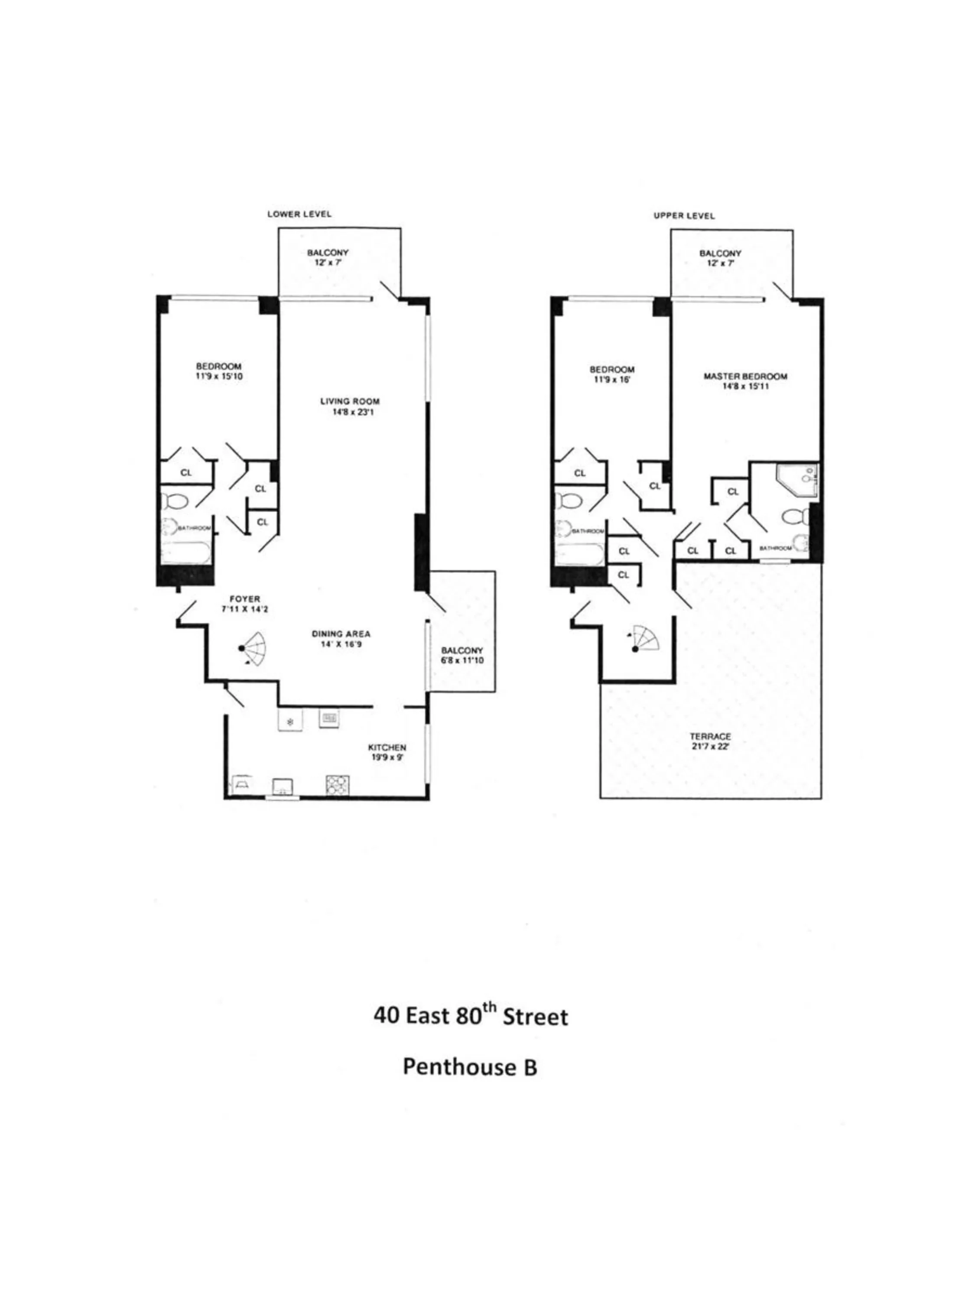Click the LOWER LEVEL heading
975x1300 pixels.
[x=299, y=214]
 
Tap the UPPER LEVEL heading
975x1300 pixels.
[x=684, y=216]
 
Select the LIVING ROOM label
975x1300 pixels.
[x=350, y=401]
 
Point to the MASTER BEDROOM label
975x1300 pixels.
[x=745, y=376]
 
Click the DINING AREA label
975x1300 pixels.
[x=341, y=634]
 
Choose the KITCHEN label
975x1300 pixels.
[x=387, y=747]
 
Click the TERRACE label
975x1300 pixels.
[x=710, y=736]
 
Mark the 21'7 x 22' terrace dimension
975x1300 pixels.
[x=710, y=746]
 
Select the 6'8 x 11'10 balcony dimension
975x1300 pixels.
[x=462, y=660]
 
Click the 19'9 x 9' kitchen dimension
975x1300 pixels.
[x=387, y=757]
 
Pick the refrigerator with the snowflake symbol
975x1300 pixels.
[x=290, y=721]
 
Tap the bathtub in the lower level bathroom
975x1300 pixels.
[x=185, y=552]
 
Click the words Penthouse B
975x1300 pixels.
[x=470, y=1067]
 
